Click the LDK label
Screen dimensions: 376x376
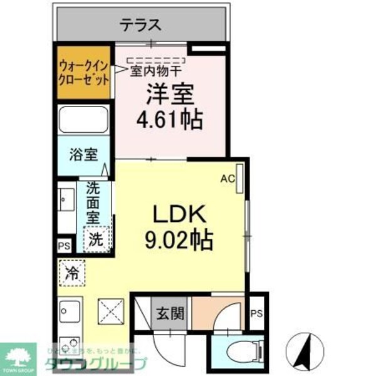pos(180,215)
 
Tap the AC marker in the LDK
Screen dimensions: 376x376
pos(227,179)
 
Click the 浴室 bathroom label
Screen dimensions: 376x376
pos(83,154)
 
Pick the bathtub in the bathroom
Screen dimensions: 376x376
pos(84,119)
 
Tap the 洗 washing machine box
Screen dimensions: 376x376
pos(95,239)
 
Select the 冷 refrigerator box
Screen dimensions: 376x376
pos(73,273)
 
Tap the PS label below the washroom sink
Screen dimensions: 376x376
pos(63,246)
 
